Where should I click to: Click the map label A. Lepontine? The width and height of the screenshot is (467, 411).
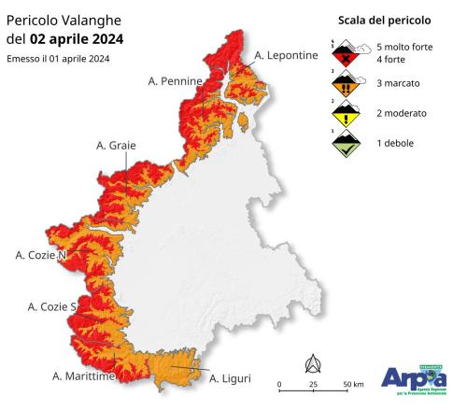click(x=286, y=56)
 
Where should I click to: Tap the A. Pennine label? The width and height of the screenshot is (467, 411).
click(x=175, y=82)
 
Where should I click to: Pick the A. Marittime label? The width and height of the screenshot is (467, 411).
click(x=83, y=376)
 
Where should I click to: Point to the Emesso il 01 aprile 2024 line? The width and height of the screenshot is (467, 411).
click(x=58, y=59)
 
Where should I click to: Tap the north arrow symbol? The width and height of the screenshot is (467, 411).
click(x=313, y=363)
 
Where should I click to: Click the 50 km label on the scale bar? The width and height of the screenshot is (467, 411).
click(x=352, y=385)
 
